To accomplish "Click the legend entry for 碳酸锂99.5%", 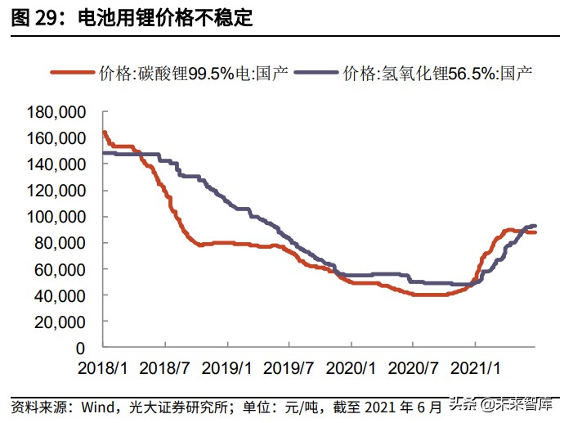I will click(x=192, y=73).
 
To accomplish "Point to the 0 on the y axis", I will click(x=80, y=348).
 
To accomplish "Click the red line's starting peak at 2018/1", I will click(x=104, y=133).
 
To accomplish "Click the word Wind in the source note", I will click(x=96, y=406).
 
